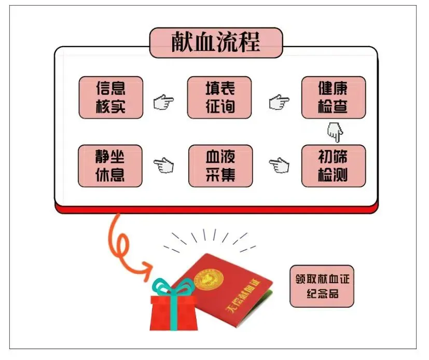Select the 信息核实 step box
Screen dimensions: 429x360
click(110, 98)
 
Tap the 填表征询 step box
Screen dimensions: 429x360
click(219, 98)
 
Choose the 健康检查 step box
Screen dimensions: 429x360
click(334, 98)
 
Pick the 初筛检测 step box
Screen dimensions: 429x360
click(334, 165)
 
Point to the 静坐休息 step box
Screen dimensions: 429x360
click(110, 165)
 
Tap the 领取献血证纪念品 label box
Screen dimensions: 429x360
click(322, 286)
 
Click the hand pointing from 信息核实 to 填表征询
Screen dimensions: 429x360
click(164, 102)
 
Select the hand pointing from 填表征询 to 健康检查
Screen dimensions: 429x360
click(279, 102)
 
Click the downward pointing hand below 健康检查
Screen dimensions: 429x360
click(336, 132)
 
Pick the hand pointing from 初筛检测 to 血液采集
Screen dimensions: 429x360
click(279, 165)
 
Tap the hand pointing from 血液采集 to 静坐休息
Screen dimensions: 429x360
click(164, 166)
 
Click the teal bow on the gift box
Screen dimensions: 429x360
click(174, 289)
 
